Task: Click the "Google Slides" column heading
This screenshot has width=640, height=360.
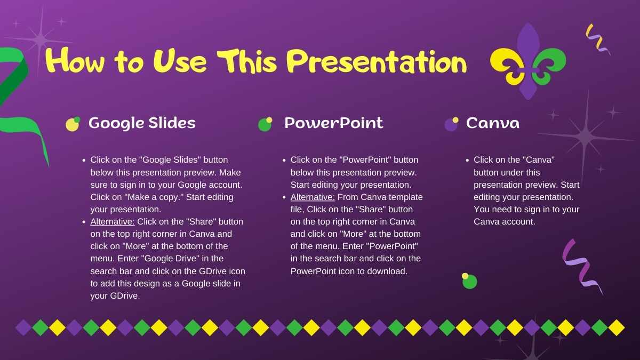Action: pos(142,123)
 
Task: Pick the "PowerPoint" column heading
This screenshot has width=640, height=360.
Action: pos(333,123)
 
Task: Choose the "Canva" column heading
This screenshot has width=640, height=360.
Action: pos(492,123)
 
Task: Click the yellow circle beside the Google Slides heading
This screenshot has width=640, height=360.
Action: pos(72,125)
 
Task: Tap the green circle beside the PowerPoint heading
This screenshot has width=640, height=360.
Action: pos(265,125)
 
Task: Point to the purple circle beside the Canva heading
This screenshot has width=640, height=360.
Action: pos(451,125)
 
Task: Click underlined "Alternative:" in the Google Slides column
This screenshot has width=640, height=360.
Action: pos(113,221)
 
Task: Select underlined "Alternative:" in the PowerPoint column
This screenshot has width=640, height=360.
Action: pos(313,197)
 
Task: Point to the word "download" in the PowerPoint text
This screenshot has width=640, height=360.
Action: pos(390,271)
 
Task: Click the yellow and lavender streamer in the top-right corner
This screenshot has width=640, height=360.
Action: pos(598,38)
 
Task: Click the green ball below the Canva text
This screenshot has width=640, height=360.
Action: pos(469,281)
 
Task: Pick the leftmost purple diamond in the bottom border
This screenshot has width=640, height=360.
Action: pos(23,327)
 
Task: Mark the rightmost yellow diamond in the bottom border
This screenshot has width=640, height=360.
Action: pos(616,327)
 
